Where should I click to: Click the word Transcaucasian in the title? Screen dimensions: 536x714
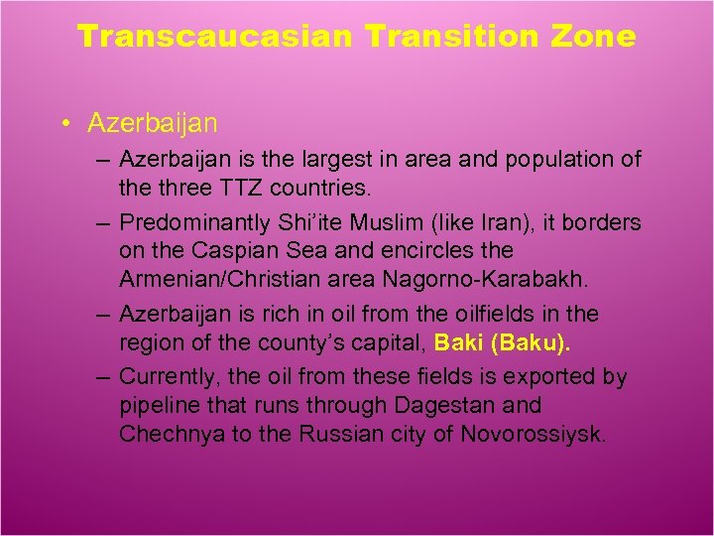pos(215,37)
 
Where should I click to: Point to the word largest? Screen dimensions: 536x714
pos(340,159)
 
